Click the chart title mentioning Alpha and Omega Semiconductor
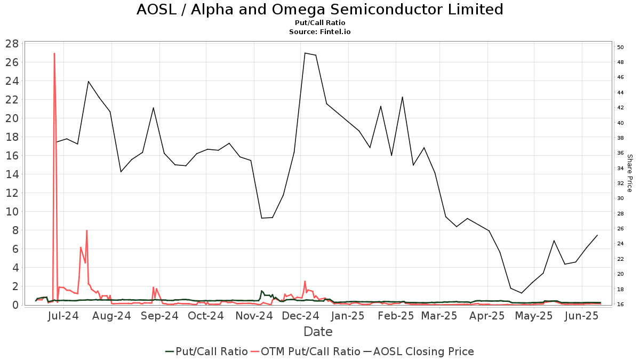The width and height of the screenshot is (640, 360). (x=319, y=10)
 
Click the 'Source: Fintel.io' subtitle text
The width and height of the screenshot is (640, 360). (x=319, y=32)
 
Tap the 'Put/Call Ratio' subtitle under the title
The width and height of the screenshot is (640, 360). (x=319, y=23)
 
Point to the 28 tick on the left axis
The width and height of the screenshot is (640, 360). (x=13, y=44)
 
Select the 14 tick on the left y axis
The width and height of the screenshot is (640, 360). (x=13, y=174)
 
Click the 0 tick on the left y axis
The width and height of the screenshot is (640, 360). (x=16, y=305)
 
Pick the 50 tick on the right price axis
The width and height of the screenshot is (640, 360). (x=620, y=47)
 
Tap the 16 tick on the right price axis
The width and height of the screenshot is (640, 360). (x=620, y=305)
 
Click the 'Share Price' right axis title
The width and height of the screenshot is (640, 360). (x=629, y=173)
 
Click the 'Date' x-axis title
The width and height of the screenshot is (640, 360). (x=318, y=332)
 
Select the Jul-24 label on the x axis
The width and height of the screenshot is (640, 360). (x=63, y=316)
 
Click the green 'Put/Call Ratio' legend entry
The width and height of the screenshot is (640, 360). (x=206, y=351)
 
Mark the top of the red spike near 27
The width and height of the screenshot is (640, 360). (x=54, y=53)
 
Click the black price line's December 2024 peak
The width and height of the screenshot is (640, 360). (x=305, y=53)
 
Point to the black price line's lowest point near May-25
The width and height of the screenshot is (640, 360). (x=522, y=293)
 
